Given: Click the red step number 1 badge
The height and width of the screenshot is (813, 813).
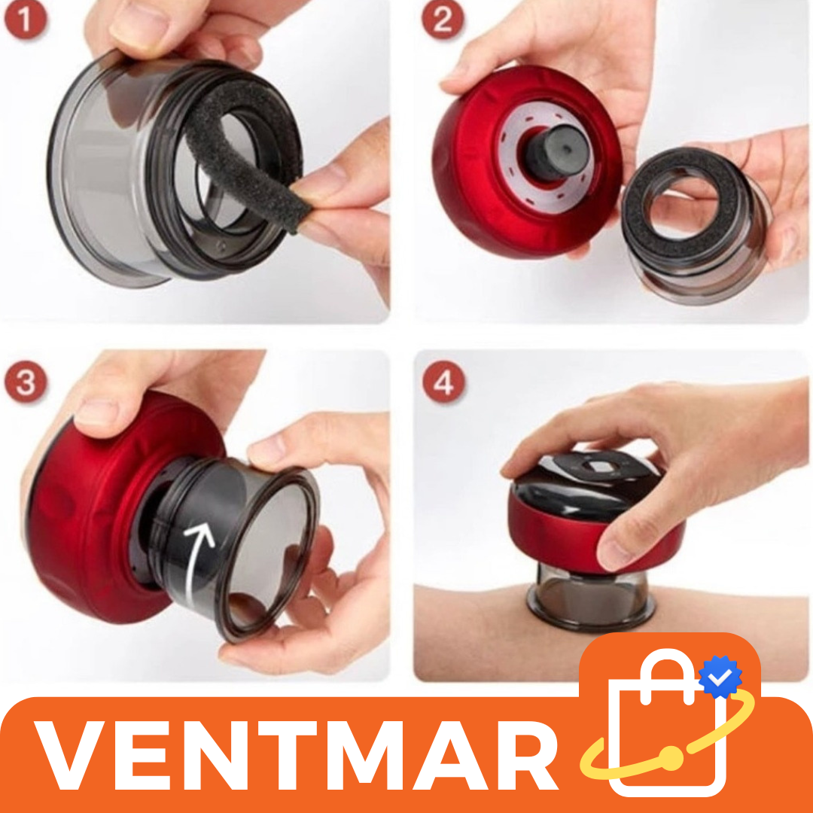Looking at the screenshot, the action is pos(25,19).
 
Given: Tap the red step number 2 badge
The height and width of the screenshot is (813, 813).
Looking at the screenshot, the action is pos(443,19).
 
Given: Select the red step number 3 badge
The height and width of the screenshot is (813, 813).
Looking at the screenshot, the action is pos(26,382).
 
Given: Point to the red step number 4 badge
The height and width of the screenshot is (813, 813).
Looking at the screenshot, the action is pos(443,382).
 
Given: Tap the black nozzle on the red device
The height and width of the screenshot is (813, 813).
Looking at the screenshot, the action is pos(555,151).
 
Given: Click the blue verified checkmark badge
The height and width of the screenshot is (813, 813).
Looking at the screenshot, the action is pos(720,677).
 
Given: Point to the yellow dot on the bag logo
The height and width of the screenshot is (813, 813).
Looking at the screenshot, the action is pos(671,758).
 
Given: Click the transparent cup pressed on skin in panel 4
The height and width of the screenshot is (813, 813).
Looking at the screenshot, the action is pos(591,596).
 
